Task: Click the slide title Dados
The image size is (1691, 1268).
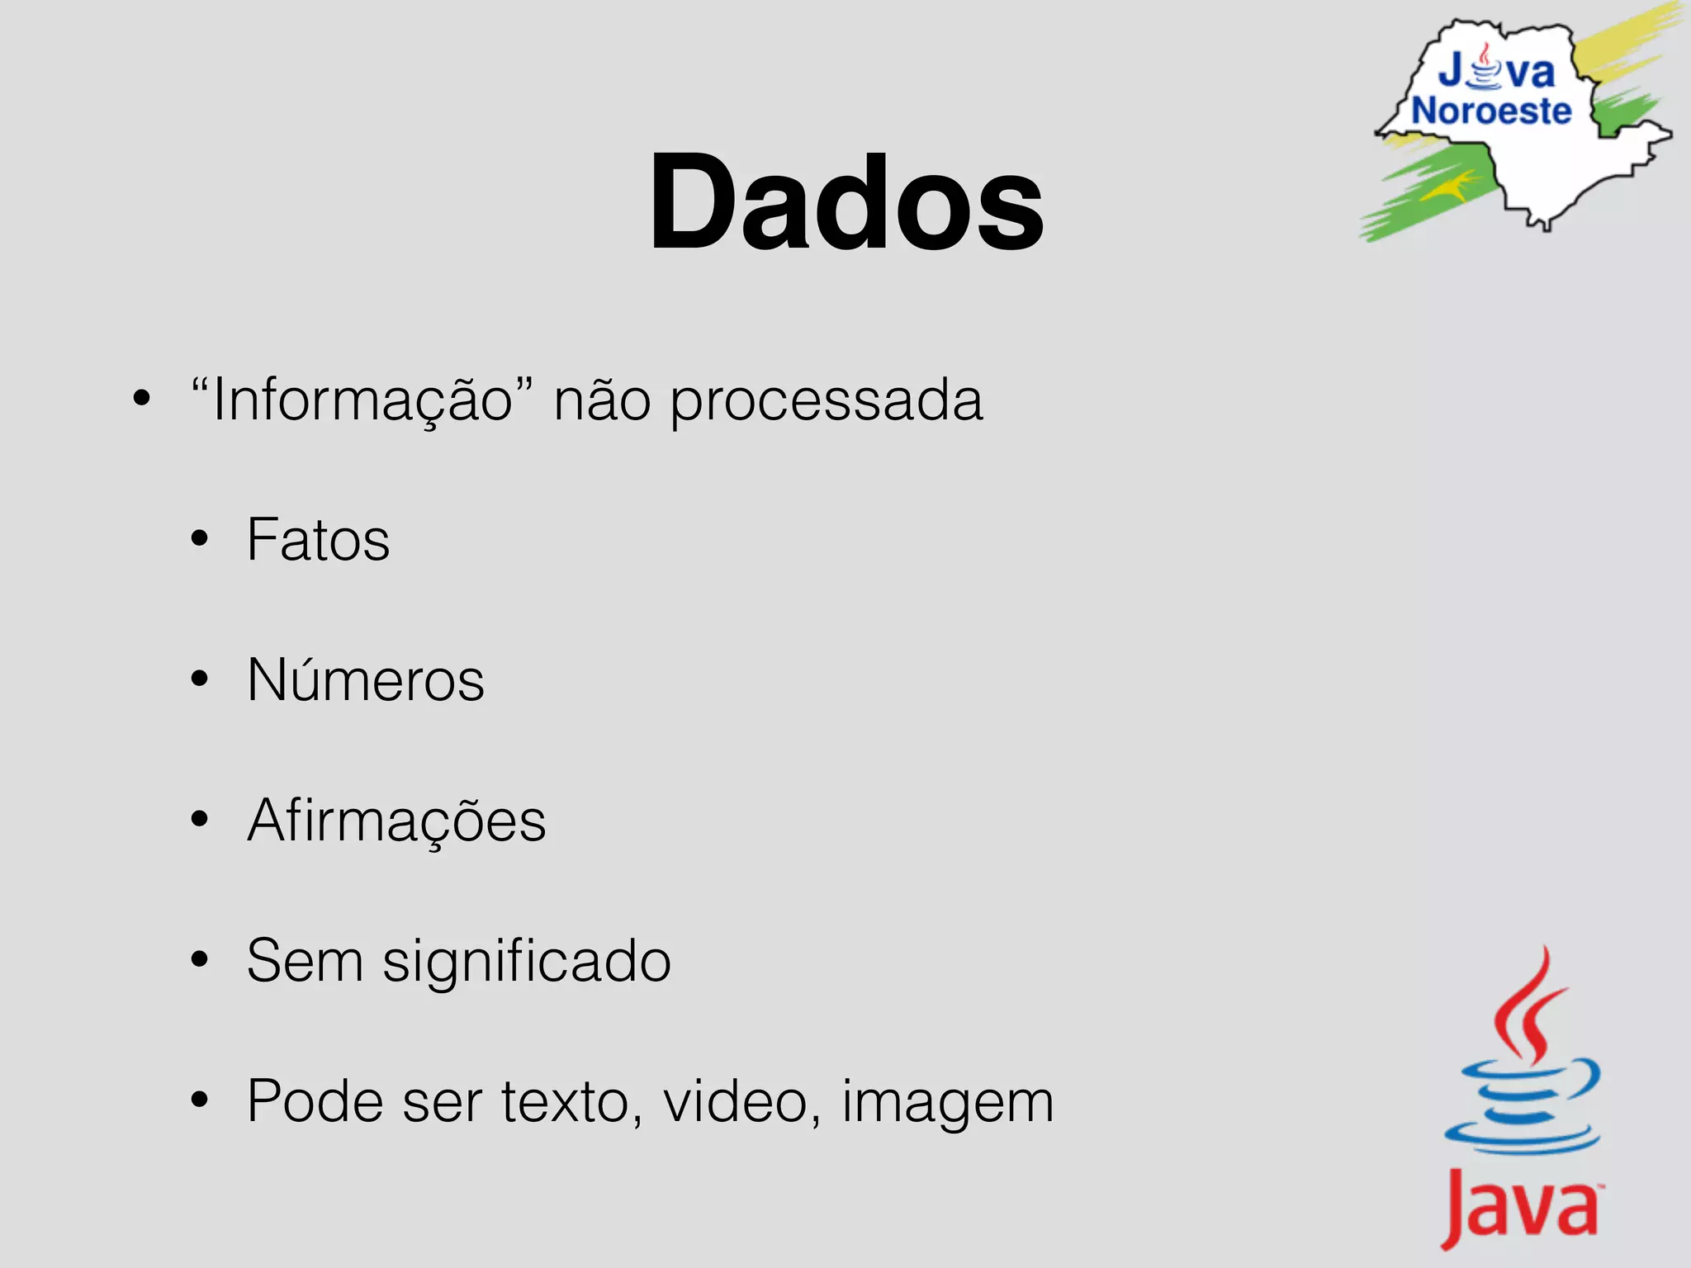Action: (x=845, y=202)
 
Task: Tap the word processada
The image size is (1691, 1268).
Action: (x=826, y=401)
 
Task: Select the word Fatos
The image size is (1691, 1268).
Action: (x=318, y=540)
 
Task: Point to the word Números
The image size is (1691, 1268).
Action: (x=366, y=680)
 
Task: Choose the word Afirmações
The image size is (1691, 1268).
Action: (x=396, y=821)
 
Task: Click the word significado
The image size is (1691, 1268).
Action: (x=526, y=962)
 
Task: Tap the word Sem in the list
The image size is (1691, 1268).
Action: (x=305, y=961)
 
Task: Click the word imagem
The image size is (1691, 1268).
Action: (x=947, y=1103)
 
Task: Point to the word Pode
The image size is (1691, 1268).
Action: (x=315, y=1101)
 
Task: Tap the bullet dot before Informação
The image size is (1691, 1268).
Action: (x=142, y=399)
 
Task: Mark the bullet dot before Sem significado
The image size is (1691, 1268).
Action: (x=199, y=960)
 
